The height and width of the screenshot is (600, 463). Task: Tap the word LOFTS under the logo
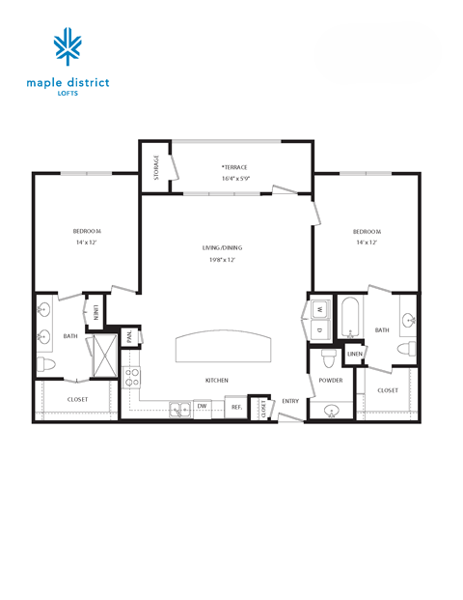coord(67,94)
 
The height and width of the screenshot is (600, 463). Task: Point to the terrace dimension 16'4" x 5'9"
coord(234,178)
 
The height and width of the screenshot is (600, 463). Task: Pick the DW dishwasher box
coord(203,407)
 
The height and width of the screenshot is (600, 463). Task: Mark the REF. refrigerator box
coord(235,408)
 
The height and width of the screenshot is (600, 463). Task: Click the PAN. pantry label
coord(128,337)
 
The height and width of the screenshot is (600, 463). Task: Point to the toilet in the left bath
coord(47,365)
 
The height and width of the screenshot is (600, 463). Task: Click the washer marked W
coord(319,310)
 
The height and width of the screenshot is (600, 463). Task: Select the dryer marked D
coord(319,329)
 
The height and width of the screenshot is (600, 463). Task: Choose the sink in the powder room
coord(332,410)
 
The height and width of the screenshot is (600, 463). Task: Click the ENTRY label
coord(289,401)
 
